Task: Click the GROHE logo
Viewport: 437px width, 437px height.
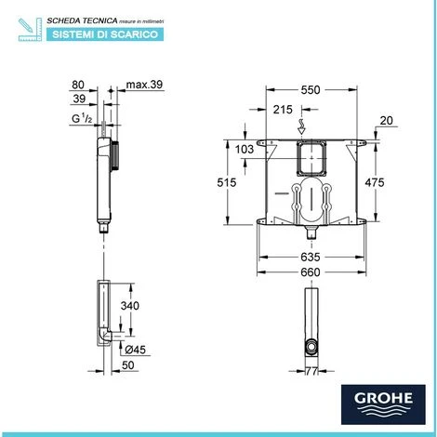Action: tap(383, 404)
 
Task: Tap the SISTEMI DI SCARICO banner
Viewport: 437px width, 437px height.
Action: tap(105, 34)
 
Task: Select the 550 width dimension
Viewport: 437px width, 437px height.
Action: tap(311, 90)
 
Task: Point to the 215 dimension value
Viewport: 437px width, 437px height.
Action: tap(283, 110)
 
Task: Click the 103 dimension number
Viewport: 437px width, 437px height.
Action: tap(245, 150)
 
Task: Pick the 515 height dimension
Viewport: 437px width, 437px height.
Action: tap(227, 182)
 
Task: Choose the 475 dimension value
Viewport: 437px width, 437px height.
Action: tap(375, 182)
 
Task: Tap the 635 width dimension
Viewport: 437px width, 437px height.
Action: tap(311, 257)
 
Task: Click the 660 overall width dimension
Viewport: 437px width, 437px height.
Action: tap(311, 272)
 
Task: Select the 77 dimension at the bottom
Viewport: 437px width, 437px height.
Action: tap(311, 371)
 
